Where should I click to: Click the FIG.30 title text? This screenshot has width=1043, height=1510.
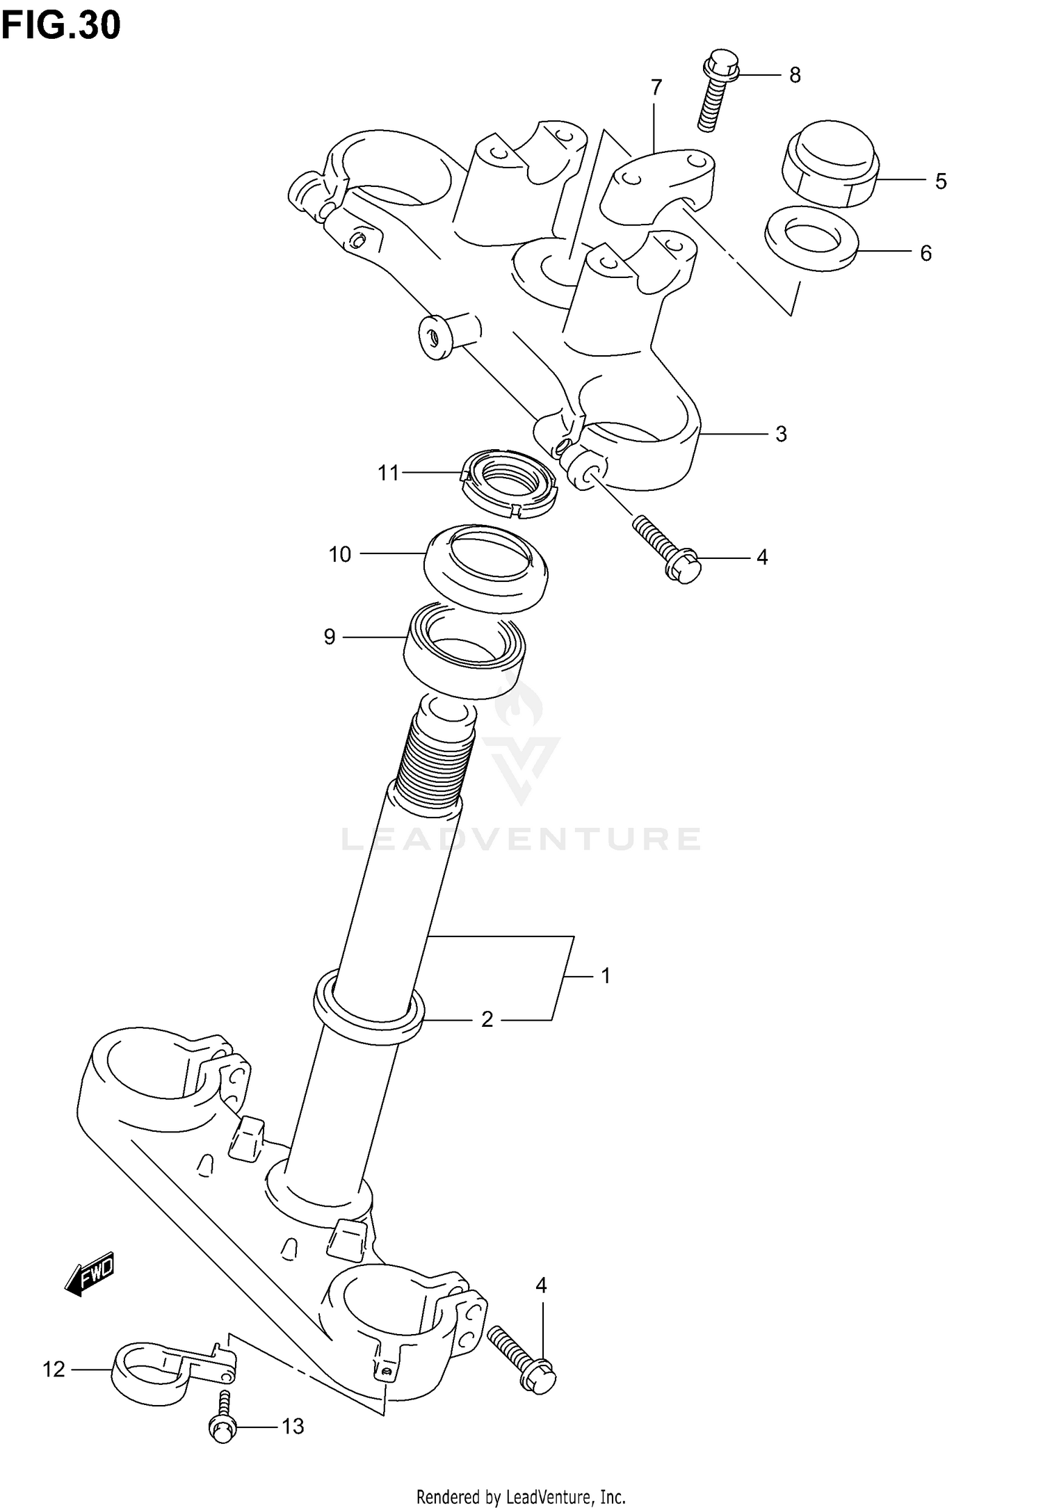[61, 26]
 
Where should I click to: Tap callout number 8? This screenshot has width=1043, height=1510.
[795, 75]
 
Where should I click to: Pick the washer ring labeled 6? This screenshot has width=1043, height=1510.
[811, 238]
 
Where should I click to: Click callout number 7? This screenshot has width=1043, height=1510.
[656, 88]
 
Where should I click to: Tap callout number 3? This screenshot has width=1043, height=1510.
[781, 435]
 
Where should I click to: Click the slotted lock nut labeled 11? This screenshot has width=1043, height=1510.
[510, 485]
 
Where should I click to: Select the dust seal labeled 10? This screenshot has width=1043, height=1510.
[485, 569]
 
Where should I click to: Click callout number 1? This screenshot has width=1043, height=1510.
[606, 976]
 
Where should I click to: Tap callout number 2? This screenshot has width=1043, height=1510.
[487, 1020]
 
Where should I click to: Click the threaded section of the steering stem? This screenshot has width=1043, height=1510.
[437, 758]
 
